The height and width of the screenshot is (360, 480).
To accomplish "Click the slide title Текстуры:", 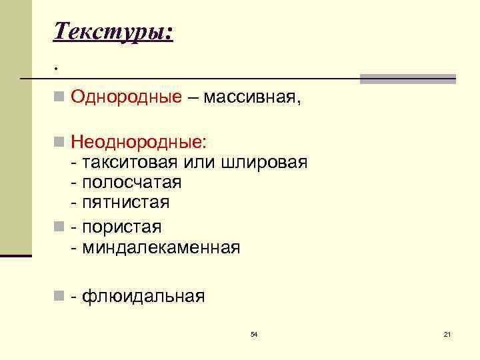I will point(113,31).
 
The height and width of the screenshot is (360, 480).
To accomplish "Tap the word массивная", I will point(252,99).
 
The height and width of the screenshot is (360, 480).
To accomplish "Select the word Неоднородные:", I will point(139,142).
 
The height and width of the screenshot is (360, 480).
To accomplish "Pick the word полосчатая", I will point(131,182).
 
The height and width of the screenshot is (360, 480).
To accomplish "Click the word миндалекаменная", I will point(160,247).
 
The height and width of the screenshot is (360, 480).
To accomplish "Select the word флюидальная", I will point(143,296).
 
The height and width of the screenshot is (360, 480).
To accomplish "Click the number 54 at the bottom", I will point(253,333).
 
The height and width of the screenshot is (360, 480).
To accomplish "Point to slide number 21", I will point(447,333).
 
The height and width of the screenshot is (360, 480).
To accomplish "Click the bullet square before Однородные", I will point(60,99).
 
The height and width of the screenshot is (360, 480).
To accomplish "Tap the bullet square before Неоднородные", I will point(60,142).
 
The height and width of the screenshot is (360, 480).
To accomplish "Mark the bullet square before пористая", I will point(60,227).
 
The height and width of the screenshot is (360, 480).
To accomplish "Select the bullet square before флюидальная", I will point(60,296).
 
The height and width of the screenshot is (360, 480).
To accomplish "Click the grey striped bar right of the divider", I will point(407,79).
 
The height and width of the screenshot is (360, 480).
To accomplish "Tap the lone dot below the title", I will point(57,69).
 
